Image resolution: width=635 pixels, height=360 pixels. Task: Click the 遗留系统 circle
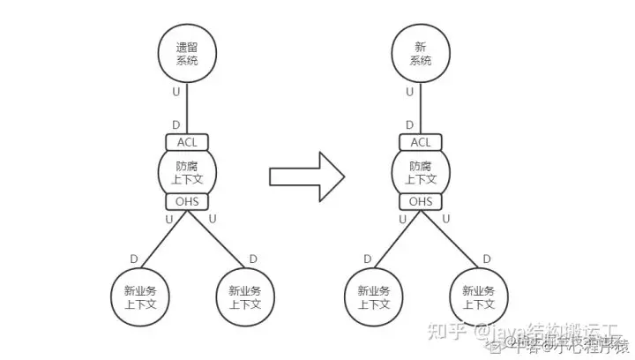click(x=186, y=53)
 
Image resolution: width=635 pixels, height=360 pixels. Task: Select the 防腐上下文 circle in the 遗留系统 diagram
click(x=187, y=172)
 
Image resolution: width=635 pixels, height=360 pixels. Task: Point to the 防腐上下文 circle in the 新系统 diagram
click(x=422, y=172)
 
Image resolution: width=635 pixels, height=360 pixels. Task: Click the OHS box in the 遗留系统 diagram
click(x=187, y=202)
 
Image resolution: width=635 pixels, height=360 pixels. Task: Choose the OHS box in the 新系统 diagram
click(x=422, y=202)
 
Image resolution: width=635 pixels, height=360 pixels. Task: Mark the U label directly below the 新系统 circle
click(x=409, y=91)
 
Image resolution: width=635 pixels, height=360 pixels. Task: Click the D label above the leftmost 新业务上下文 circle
click(x=133, y=259)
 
